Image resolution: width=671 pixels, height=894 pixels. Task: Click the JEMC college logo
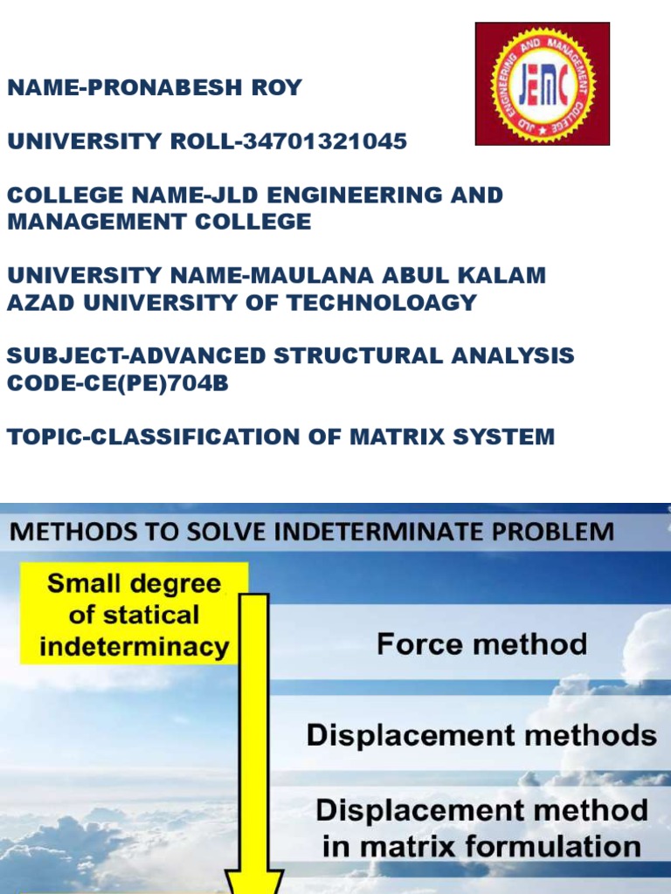click(542, 84)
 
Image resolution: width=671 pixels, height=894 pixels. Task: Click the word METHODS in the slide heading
click(77, 531)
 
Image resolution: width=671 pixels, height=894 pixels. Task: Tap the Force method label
click(481, 645)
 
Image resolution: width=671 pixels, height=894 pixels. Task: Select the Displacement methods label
click(481, 735)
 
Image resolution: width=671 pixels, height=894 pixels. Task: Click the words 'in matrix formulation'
click(481, 846)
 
